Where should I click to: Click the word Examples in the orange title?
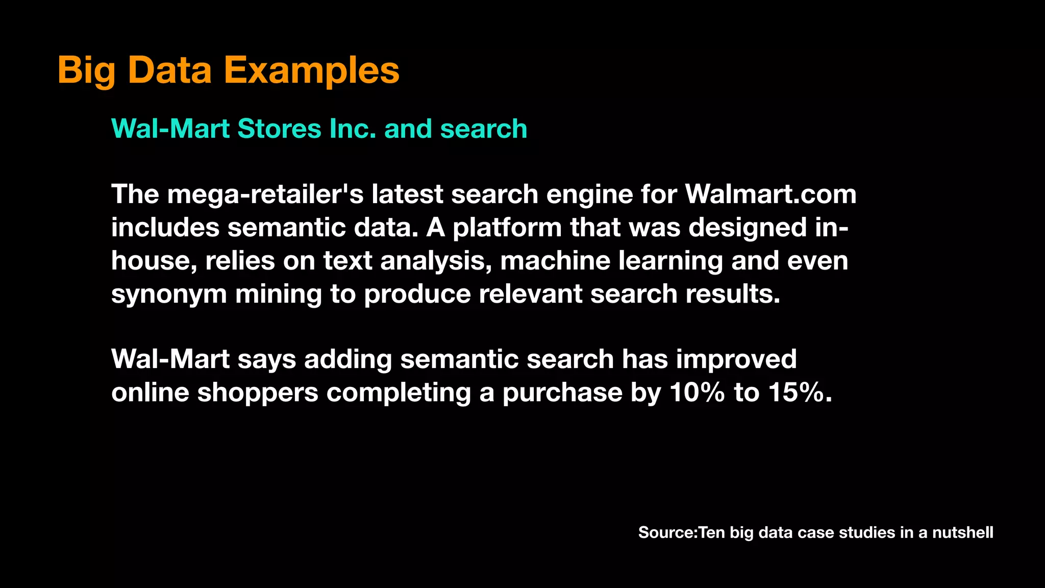tap(311, 70)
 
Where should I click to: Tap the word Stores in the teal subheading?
tap(279, 129)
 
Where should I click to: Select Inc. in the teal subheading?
tap(353, 129)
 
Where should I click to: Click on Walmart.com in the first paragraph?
tap(770, 194)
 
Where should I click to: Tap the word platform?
tap(507, 228)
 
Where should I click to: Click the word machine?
tap(555, 261)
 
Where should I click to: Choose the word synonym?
tap(169, 295)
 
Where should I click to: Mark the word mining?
tap(278, 295)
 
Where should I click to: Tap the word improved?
tap(736, 360)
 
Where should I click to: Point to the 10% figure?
tap(697, 393)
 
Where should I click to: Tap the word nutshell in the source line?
tap(962, 532)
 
